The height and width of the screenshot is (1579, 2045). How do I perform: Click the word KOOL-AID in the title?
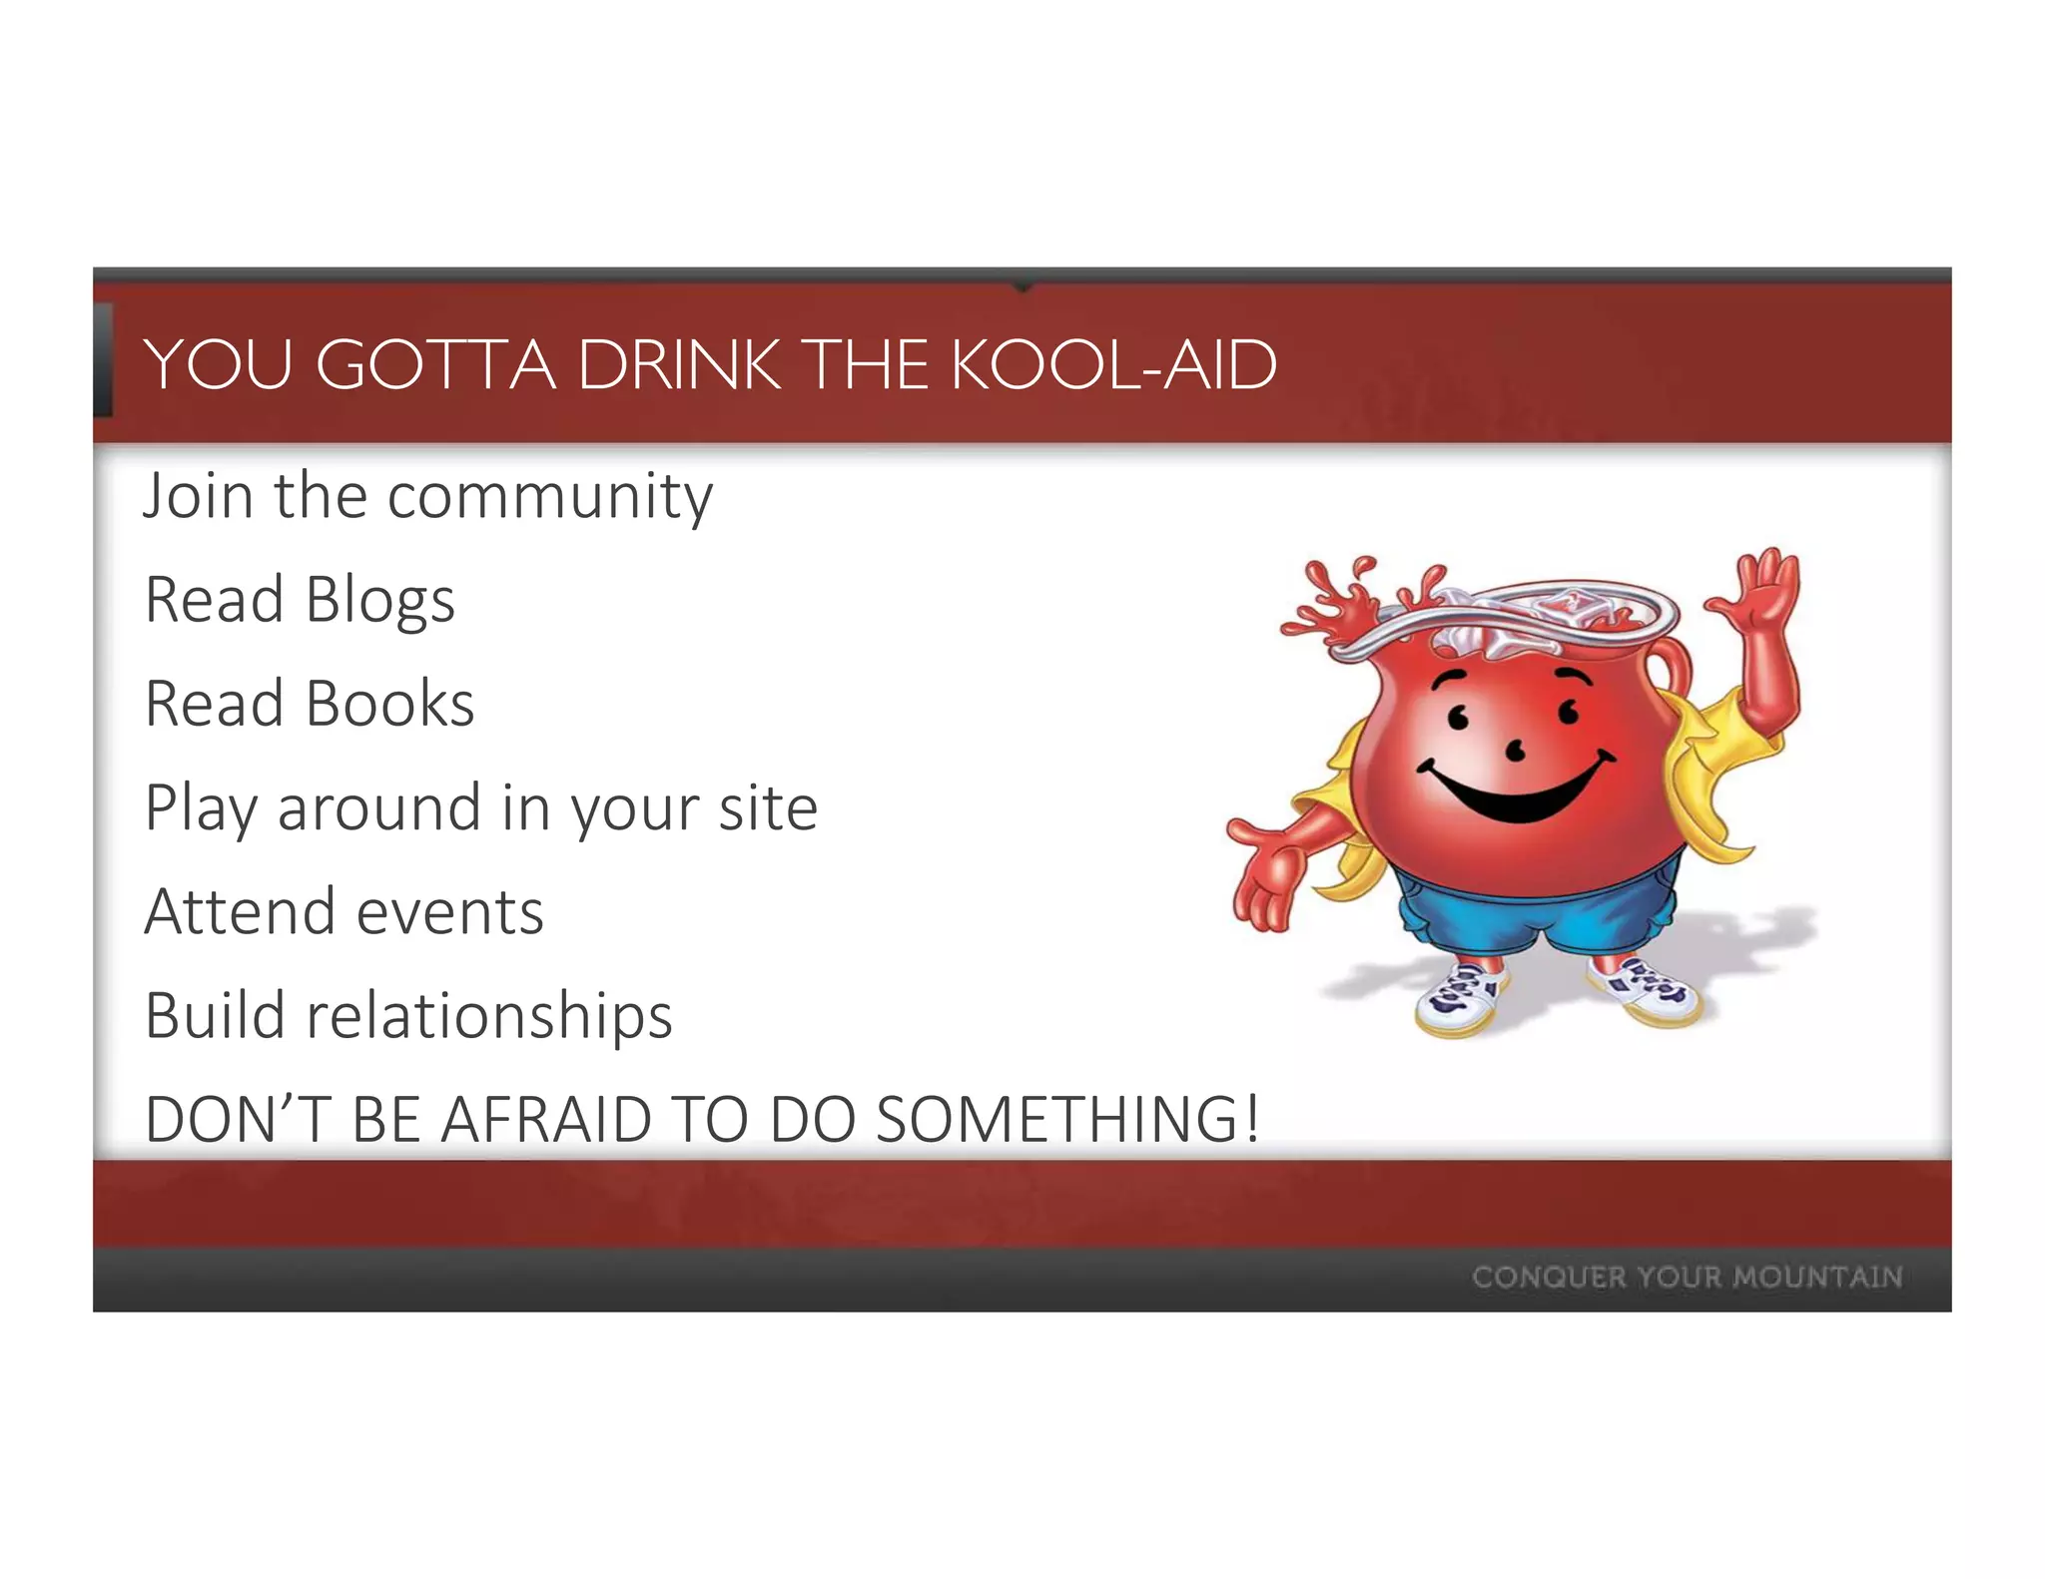1112,365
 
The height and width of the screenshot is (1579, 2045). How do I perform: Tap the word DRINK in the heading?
679,365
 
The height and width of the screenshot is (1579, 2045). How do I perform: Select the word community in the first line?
549,497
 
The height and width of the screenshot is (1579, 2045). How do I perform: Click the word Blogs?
379,601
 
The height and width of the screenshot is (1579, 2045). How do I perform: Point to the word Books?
389,705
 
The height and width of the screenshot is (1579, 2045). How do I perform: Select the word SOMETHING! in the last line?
1066,1120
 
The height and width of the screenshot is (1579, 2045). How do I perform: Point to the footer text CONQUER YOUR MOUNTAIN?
1687,1277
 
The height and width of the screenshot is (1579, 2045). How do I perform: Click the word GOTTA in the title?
435,365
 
